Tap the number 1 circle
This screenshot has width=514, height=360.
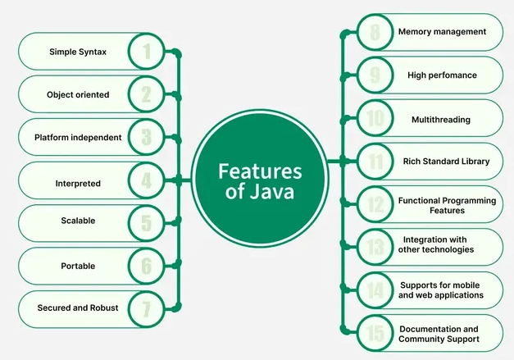click(x=147, y=52)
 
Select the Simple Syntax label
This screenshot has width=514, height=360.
click(x=77, y=52)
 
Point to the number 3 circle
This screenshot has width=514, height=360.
click(x=147, y=138)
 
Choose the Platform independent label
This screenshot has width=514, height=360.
click(x=78, y=138)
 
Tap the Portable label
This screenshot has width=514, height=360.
click(x=78, y=266)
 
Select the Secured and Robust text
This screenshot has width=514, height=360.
click(x=78, y=308)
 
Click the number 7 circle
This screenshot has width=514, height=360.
click(x=147, y=308)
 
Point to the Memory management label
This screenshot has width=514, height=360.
click(x=442, y=32)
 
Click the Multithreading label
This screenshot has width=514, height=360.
click(x=441, y=120)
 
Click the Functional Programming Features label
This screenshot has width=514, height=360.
click(x=447, y=205)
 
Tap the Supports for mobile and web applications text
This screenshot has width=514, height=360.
click(x=442, y=289)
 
